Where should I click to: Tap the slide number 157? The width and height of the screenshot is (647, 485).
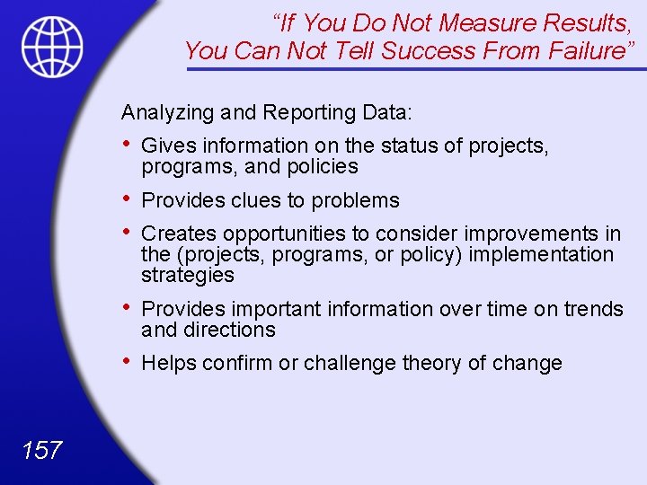[x=41, y=449]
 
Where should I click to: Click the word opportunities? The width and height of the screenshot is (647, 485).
[x=283, y=234]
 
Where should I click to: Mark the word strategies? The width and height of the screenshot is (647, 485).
[x=187, y=275]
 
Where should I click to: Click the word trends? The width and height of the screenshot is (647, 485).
[x=593, y=309]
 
